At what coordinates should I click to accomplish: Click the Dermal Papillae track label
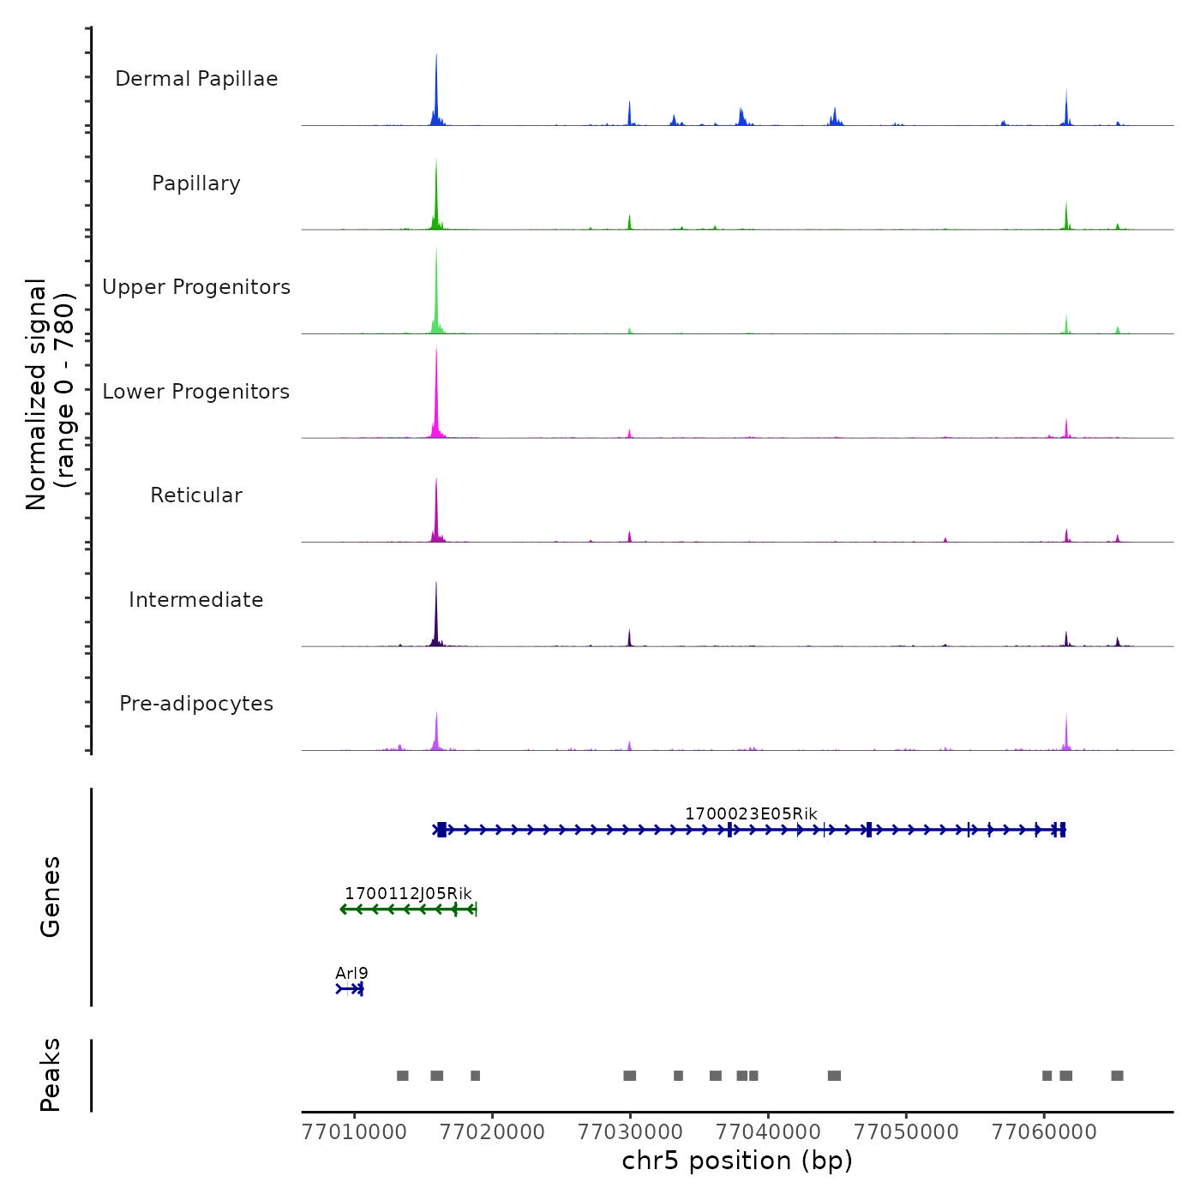196,79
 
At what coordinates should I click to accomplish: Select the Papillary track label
196,183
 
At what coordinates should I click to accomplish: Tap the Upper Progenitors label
196,287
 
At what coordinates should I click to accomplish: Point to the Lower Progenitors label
196,392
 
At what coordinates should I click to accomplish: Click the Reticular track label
196,495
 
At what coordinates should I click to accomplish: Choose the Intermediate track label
196,600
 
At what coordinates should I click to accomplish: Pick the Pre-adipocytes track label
196,704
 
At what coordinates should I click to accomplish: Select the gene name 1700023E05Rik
751,813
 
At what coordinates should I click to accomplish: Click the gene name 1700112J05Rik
408,894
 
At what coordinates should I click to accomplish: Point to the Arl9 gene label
351,973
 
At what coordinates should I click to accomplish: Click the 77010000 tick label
355,1132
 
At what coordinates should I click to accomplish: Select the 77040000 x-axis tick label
768,1132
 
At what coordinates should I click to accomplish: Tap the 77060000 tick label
1044,1132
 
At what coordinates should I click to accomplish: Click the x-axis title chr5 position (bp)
737,1161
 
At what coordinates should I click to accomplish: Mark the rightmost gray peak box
1117,1076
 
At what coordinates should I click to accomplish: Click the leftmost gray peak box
402,1076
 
